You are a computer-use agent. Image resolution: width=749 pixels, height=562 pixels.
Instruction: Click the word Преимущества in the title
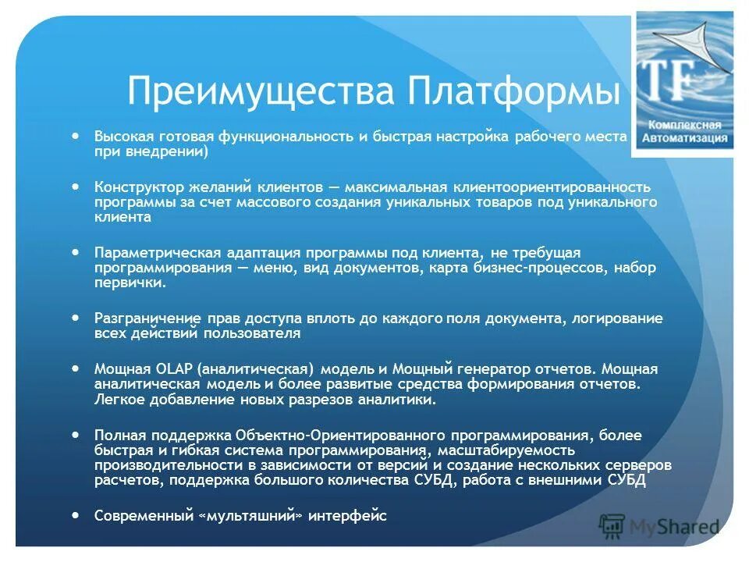click(x=261, y=92)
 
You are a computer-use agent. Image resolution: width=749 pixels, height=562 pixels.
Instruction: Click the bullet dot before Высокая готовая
click(x=75, y=135)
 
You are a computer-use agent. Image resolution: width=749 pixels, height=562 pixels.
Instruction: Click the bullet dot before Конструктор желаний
click(x=75, y=187)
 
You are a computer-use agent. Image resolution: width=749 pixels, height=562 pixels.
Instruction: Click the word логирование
click(x=618, y=318)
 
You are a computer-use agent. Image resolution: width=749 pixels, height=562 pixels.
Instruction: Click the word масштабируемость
click(x=506, y=450)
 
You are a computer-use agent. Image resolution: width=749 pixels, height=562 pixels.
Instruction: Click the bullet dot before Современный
click(x=75, y=515)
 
